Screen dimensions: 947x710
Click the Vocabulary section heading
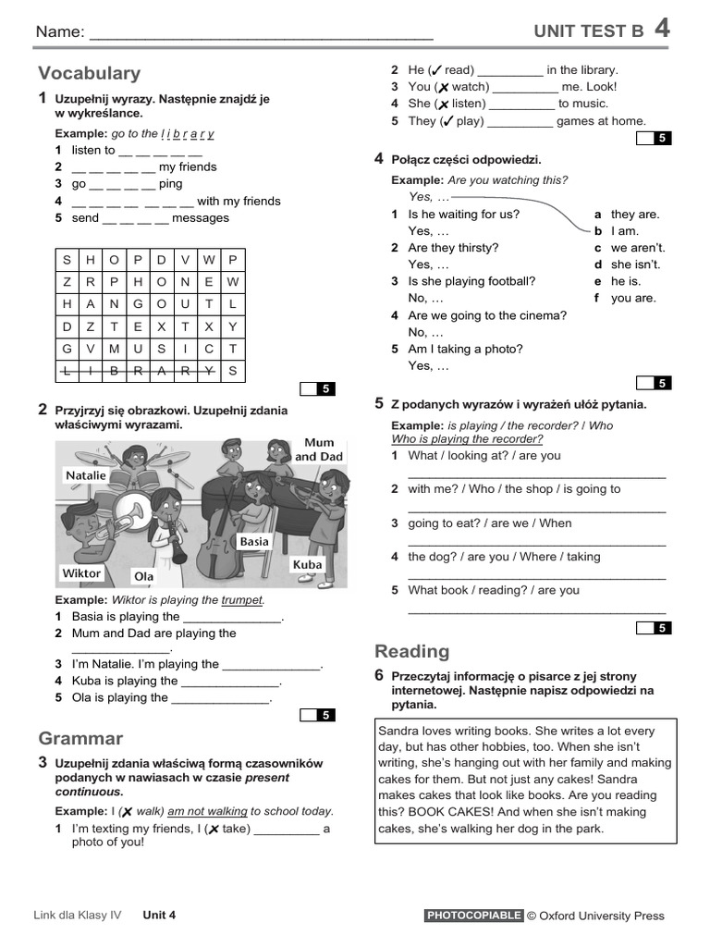tap(90, 73)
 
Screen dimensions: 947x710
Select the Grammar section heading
tap(80, 738)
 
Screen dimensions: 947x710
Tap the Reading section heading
tap(411, 651)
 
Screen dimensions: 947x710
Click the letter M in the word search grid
tap(115, 348)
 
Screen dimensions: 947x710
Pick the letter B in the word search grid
tap(115, 371)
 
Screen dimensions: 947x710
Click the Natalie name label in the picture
tap(86, 475)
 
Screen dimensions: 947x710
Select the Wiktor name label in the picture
tap(80, 573)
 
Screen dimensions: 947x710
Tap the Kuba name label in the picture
tap(307, 564)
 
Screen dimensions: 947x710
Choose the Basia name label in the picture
tap(254, 541)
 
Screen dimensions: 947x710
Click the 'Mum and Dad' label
tap(319, 449)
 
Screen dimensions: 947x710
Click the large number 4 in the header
tap(662, 29)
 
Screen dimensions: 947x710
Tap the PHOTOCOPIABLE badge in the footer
tap(473, 916)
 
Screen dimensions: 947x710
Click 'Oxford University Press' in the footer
tap(602, 916)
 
